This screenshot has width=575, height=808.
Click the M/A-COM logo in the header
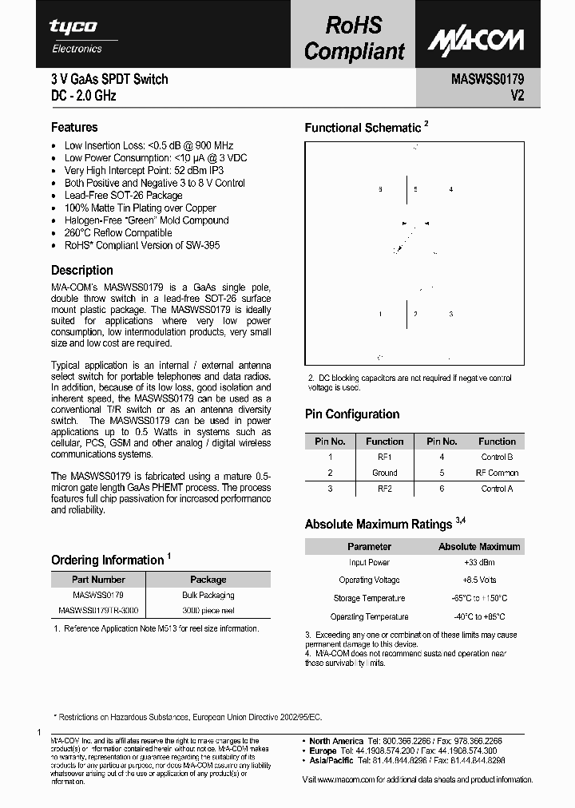[475, 39]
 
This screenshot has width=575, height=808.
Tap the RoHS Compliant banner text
[355, 38]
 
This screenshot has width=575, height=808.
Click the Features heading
[74, 127]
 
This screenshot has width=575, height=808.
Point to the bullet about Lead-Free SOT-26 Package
[123, 196]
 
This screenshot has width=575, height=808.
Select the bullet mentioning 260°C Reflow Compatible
[118, 233]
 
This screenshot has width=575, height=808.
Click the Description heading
[82, 270]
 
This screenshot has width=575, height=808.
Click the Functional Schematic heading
[363, 128]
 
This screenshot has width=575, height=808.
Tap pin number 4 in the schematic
[451, 189]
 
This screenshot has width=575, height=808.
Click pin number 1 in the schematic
[380, 315]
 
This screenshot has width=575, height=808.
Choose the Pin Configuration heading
[352, 414]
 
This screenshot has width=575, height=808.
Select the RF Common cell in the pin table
[497, 473]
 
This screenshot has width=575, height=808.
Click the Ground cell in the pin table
[384, 473]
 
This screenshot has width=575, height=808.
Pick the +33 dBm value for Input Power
[479, 563]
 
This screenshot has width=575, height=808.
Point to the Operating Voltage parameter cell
[369, 580]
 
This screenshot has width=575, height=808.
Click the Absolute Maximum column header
[479, 547]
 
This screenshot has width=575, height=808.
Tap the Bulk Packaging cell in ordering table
[208, 596]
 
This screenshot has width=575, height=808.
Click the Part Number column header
[98, 580]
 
